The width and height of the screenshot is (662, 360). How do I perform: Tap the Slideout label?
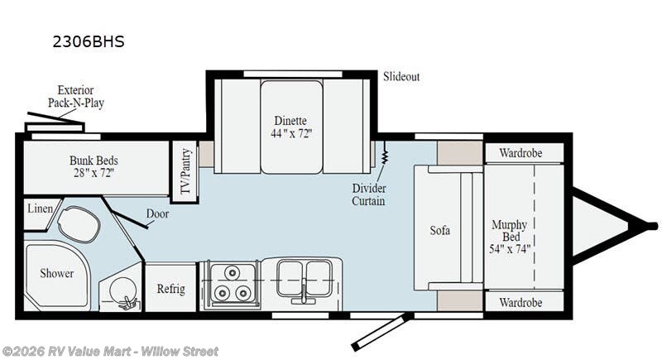[x=401, y=77]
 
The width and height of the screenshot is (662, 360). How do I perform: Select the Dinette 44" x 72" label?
[x=291, y=127]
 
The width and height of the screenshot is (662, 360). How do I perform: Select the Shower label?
[x=57, y=273]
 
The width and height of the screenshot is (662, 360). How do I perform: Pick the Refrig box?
[x=170, y=289]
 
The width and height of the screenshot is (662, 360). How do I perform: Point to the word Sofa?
[x=440, y=230]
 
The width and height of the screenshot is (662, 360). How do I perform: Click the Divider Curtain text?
[x=368, y=194]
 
